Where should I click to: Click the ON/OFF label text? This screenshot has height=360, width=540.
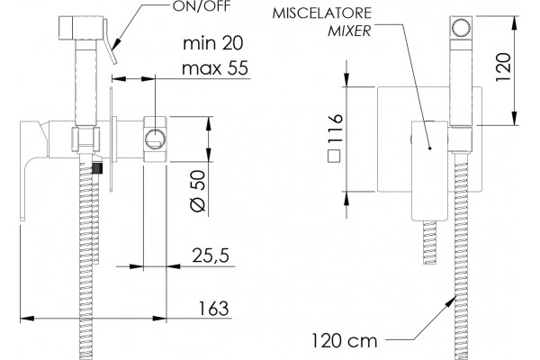(x=201, y=6)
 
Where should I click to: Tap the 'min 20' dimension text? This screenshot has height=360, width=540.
(x=212, y=43)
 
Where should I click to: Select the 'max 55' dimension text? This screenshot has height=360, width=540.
(x=215, y=68)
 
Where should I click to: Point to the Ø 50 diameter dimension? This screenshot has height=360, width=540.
(x=198, y=191)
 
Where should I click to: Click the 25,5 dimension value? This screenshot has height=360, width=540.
(x=211, y=256)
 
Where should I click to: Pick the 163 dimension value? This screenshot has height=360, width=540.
(x=213, y=308)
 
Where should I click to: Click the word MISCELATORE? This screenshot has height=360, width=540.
(x=322, y=13)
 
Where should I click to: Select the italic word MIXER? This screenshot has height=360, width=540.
(x=349, y=31)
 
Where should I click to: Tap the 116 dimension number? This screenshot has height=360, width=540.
(x=335, y=129)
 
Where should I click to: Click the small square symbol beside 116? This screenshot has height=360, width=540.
(x=334, y=156)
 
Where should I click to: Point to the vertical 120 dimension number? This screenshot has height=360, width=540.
(x=502, y=67)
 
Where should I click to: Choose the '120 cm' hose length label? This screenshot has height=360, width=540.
(x=345, y=341)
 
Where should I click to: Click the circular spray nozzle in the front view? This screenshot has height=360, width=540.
(x=461, y=27)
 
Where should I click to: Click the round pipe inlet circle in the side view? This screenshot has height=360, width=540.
(x=155, y=139)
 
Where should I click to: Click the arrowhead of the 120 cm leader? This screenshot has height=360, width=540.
(x=450, y=301)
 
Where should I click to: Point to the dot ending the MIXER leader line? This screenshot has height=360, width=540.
(x=430, y=148)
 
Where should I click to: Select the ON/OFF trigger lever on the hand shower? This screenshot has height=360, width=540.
(x=110, y=41)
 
